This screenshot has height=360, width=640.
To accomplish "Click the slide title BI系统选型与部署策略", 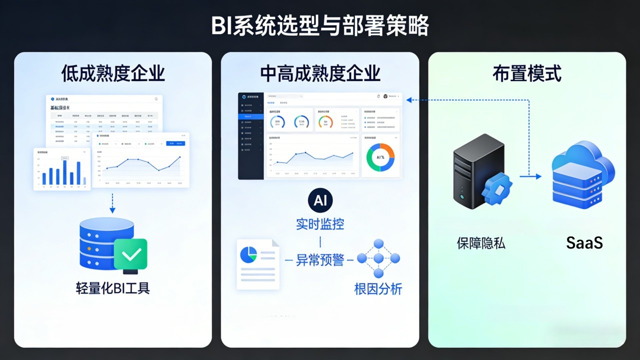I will (320, 26).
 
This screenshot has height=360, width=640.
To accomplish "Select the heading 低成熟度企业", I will (113, 73).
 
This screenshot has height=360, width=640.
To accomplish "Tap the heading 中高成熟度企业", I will (320, 73).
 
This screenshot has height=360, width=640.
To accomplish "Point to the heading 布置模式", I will (526, 73).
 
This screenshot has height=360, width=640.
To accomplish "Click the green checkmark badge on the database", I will (130, 254).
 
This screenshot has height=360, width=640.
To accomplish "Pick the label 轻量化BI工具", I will (113, 288).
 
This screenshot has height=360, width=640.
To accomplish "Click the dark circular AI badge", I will (320, 200).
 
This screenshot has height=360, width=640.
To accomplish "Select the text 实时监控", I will (320, 224).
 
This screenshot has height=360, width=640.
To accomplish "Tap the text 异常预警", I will (320, 260).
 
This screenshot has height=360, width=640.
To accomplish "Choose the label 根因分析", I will (378, 289).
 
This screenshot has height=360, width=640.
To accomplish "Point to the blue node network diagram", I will (378, 258).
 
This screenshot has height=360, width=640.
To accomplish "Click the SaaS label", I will (584, 243).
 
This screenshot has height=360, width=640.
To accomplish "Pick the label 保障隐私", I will (481, 243).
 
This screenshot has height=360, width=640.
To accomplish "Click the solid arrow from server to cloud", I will (530, 176).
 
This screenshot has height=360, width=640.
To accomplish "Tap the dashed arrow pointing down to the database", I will (112, 203).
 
